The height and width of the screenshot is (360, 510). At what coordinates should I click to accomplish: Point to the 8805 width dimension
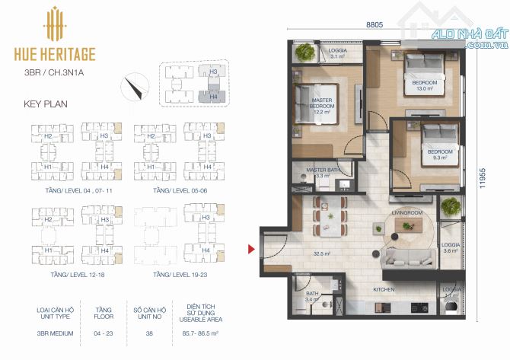click(374, 25)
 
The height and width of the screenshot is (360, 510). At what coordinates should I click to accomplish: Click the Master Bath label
click(322, 170)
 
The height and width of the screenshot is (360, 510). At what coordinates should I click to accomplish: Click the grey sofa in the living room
click(411, 258)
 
